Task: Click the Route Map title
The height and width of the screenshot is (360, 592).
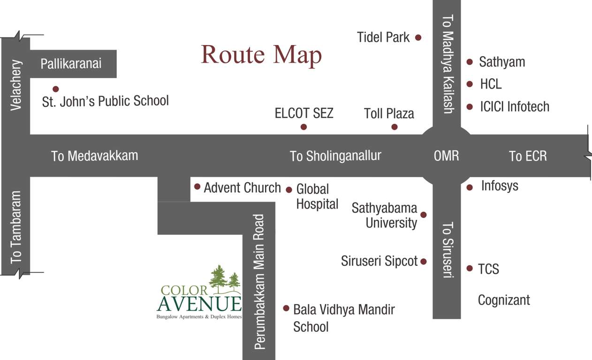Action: [261, 55]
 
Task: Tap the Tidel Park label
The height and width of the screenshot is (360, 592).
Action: [383, 37]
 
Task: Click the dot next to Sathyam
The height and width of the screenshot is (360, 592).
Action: [470, 61]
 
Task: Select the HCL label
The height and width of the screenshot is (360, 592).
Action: [491, 84]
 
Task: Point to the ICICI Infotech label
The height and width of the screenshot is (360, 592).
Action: [515, 106]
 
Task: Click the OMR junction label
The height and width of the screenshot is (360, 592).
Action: [446, 156]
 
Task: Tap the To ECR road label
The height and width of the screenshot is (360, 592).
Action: [528, 156]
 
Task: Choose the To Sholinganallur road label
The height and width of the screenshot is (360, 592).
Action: [335, 156]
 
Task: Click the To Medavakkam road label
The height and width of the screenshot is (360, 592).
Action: [94, 156]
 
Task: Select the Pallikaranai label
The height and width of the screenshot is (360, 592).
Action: [71, 64]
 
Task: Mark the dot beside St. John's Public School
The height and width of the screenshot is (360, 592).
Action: [55, 89]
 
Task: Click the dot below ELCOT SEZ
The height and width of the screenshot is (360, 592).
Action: [304, 127]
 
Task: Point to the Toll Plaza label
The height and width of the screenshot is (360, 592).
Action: [389, 113]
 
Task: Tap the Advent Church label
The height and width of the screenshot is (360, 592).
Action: [242, 187]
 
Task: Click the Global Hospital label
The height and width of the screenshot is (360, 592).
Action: [317, 196]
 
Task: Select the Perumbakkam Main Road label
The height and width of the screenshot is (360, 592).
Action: [259, 281]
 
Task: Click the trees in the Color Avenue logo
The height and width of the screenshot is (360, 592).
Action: [225, 278]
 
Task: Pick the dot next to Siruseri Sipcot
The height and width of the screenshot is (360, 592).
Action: [424, 262]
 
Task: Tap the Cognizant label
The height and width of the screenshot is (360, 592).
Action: [504, 300]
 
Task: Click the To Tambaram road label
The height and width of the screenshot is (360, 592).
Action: [16, 226]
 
